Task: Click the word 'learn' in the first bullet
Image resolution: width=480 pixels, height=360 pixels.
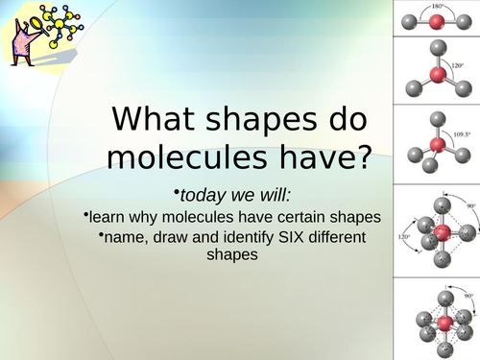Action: coord(108,215)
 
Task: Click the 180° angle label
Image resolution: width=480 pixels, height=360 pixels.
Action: coord(437,6)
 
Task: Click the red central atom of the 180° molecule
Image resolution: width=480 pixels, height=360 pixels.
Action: coord(437,21)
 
